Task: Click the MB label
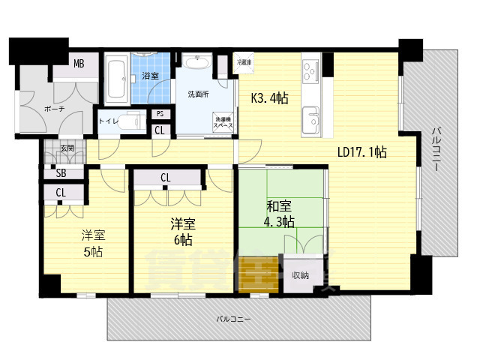[x=79, y=64]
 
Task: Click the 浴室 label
[x=151, y=76]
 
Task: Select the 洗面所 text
[x=197, y=94]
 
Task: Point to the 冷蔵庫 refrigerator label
[x=244, y=61]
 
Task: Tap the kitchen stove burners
[x=311, y=73]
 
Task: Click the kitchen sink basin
[x=311, y=118]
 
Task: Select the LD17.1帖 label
[x=362, y=152]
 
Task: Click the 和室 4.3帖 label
[x=279, y=213]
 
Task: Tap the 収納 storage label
[x=301, y=274]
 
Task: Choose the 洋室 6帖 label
[x=181, y=232]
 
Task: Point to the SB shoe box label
[x=60, y=173]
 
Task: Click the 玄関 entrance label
[x=67, y=149]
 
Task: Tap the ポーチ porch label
[x=55, y=109]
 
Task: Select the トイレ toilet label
[x=109, y=120]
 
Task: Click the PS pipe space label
[x=160, y=114]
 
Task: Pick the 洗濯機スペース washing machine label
[x=223, y=123]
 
